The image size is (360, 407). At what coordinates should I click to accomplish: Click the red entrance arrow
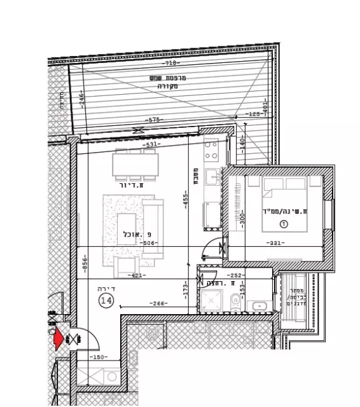click(x=59, y=338)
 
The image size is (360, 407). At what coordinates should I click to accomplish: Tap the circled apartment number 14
click(x=106, y=301)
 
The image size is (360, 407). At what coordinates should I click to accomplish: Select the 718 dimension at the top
click(x=170, y=64)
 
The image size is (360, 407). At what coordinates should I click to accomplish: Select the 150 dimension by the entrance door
click(x=97, y=358)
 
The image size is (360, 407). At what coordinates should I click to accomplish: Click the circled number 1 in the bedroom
click(x=284, y=223)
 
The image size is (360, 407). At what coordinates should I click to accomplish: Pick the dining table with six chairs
click(x=135, y=165)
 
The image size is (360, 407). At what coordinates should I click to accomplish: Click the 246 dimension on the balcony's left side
click(x=81, y=99)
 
